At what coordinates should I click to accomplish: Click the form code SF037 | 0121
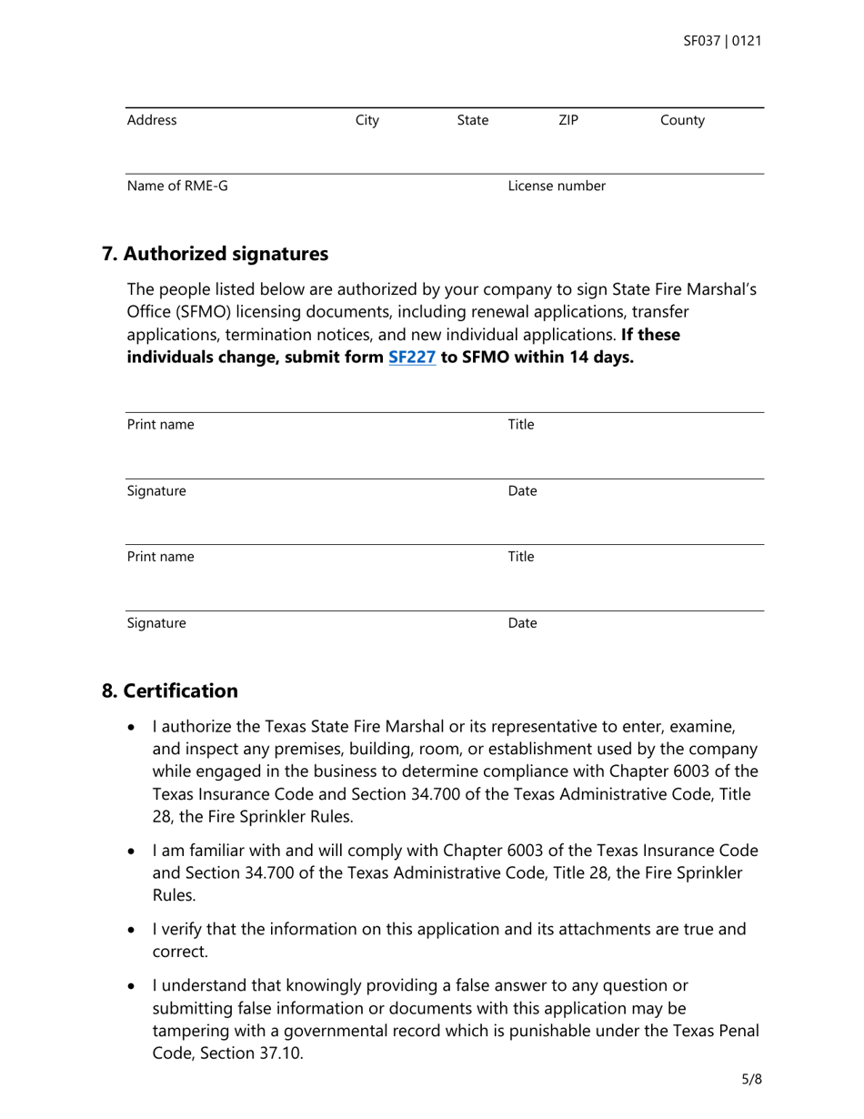pyautogui.click(x=722, y=42)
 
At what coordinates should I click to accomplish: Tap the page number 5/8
pyautogui.click(x=750, y=1080)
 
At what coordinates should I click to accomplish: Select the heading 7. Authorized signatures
pyautogui.click(x=215, y=254)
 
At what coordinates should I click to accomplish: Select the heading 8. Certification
pyautogui.click(x=170, y=691)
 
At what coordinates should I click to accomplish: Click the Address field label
pyautogui.click(x=152, y=120)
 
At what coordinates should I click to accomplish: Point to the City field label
pyautogui.click(x=367, y=120)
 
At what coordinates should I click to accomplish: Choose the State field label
pyautogui.click(x=472, y=120)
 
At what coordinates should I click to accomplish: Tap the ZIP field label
pyautogui.click(x=568, y=120)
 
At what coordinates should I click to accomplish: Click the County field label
pyautogui.click(x=682, y=120)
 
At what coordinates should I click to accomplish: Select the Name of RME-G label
pyautogui.click(x=177, y=186)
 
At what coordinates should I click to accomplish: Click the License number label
pyautogui.click(x=557, y=186)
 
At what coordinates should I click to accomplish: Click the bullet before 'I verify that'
pyautogui.click(x=134, y=931)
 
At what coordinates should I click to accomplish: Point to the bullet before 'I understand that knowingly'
pyautogui.click(x=134, y=986)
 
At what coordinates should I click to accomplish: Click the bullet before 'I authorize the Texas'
pyautogui.click(x=134, y=729)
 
